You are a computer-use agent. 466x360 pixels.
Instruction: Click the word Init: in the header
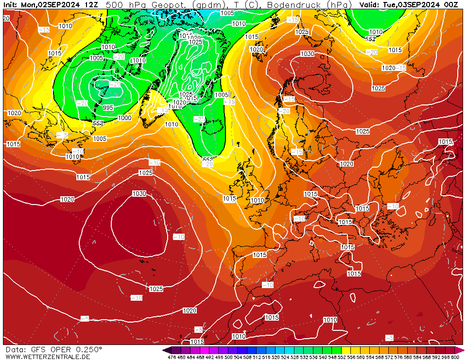(x=11, y=4)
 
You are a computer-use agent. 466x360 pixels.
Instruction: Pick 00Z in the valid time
(x=450, y=4)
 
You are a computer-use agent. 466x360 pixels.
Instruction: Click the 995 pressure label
(x=108, y=107)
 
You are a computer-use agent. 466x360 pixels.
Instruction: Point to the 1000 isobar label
(x=124, y=118)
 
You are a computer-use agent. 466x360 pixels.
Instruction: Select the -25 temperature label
(x=199, y=119)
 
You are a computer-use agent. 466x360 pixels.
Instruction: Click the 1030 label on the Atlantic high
(x=139, y=194)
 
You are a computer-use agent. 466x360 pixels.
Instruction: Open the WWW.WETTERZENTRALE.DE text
(x=48, y=357)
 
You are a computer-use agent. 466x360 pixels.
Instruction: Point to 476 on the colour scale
(x=172, y=357)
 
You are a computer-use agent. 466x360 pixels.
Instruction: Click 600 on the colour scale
(x=455, y=357)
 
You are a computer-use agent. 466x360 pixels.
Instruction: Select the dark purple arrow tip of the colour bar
(x=167, y=350)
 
